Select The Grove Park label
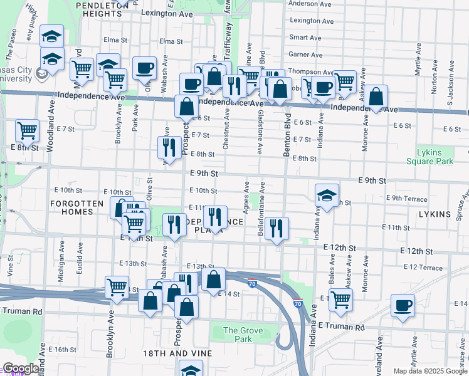click(x=239, y=335)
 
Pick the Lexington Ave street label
click(x=167, y=13)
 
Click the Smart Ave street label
click(x=306, y=38)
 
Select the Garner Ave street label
click(x=306, y=55)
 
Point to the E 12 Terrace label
click(x=424, y=267)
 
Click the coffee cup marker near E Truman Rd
click(x=403, y=306)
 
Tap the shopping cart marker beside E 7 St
click(x=28, y=131)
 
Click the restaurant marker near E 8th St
click(x=169, y=148)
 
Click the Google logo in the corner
click(x=21, y=369)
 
